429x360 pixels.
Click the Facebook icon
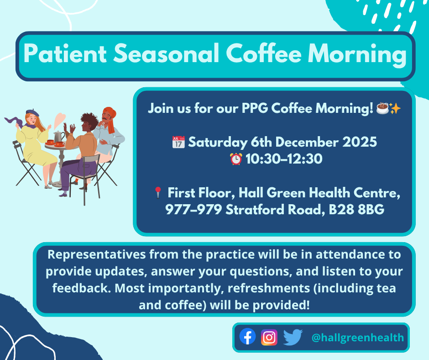coord(248,336)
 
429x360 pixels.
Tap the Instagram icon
coord(269,337)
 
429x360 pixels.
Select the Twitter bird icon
coord(293,337)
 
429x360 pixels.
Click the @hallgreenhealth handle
coord(358,338)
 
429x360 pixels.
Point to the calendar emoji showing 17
coord(178,142)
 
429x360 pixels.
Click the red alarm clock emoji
coord(236,159)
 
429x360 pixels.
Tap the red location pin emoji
coord(157,193)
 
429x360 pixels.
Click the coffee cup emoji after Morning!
coord(382,108)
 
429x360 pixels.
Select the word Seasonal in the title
coord(166,53)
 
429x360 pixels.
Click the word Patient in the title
coord(65,53)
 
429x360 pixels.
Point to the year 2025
coord(360,142)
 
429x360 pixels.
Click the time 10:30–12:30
coord(284,159)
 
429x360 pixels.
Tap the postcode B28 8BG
coord(356,210)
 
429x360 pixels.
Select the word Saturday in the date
coord(218,143)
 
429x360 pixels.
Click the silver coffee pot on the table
coord(59,137)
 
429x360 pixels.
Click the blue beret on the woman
coord(32,112)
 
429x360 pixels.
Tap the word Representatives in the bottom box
coord(97,255)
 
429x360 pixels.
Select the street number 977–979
coord(194,210)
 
